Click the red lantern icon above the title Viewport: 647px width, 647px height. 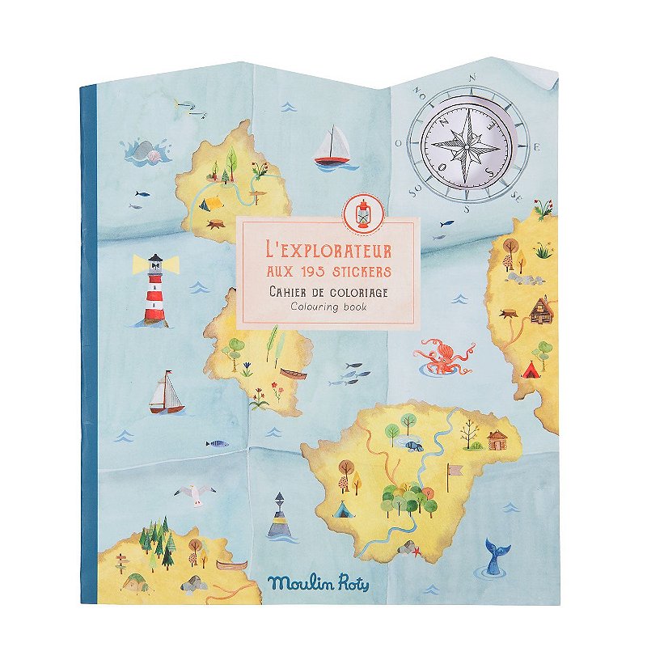363,212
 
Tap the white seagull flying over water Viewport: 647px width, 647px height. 192,493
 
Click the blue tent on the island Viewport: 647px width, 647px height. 343,510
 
